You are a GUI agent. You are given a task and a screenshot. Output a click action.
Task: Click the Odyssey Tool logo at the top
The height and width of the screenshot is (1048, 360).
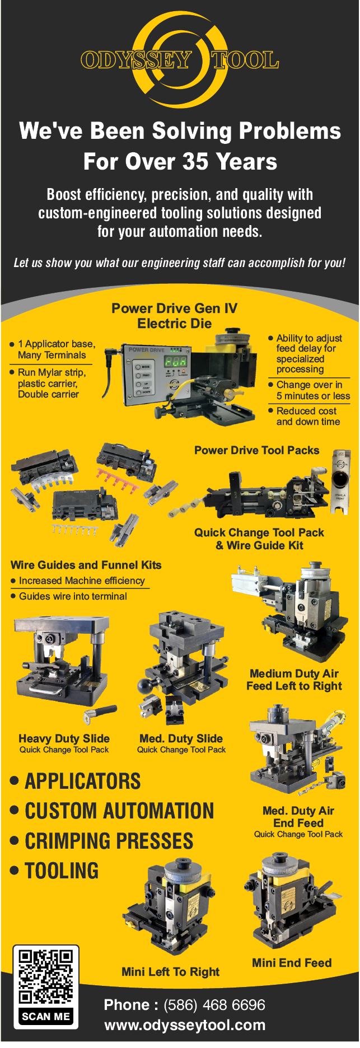180,60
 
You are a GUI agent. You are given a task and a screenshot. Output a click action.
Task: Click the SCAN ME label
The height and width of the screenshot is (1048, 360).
46,1017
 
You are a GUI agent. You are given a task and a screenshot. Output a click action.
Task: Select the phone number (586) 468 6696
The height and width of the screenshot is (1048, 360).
214,1005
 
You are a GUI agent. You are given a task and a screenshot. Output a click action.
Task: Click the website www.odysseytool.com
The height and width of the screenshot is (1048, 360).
185,1025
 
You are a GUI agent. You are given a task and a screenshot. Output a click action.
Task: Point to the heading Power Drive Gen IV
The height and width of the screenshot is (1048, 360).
174,308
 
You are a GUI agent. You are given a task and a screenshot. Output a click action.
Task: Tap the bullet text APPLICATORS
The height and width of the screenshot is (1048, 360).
82,781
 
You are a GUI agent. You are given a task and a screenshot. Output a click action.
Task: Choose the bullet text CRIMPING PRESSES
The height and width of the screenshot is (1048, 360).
109,841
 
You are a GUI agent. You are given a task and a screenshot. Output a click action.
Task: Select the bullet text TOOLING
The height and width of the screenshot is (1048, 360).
62,871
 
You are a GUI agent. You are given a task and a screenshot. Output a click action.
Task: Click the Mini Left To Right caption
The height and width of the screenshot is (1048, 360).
170,972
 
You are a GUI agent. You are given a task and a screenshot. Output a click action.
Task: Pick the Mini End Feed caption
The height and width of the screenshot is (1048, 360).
292,963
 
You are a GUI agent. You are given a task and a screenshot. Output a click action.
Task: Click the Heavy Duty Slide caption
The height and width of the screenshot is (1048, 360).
64,738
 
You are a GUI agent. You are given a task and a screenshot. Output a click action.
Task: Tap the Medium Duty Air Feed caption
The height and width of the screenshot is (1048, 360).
294,680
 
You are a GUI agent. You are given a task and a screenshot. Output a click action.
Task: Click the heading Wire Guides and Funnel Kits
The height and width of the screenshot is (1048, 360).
86,565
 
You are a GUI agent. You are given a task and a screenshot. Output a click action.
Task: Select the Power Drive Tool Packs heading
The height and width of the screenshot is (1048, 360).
256,451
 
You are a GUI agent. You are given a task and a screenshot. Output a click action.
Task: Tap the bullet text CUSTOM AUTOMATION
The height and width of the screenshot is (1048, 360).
119,811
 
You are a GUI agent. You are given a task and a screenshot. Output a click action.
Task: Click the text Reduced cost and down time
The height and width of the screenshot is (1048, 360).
307,416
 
